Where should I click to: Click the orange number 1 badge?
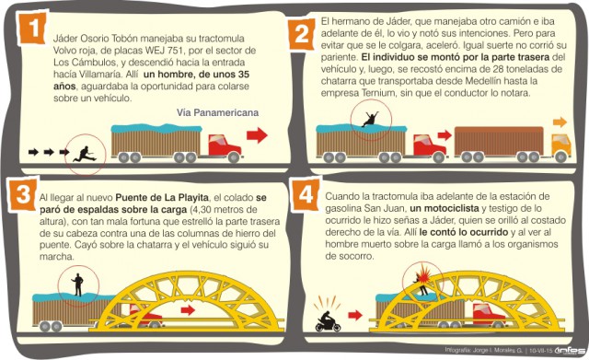coord(33,29)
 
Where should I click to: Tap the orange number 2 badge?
coord(301,35)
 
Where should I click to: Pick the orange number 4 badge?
coord(306,194)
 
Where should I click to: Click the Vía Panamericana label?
coord(217,112)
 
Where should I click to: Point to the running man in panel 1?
coord(85,154)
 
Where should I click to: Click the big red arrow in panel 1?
coord(257,135)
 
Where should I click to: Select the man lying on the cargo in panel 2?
coord(370,119)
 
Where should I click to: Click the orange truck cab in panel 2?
coord(561,145)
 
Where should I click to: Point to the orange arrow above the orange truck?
coord(560,122)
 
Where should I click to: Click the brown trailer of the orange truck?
coord(499,141)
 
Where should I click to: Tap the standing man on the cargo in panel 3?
coord(77,285)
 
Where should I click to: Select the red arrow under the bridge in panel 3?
coord(188,310)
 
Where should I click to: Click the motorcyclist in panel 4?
coord(328,321)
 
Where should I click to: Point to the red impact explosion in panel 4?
coord(423,272)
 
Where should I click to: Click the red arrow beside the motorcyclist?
coord(355,315)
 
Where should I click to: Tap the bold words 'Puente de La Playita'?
coord(162,197)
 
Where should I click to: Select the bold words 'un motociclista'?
coord(445,208)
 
